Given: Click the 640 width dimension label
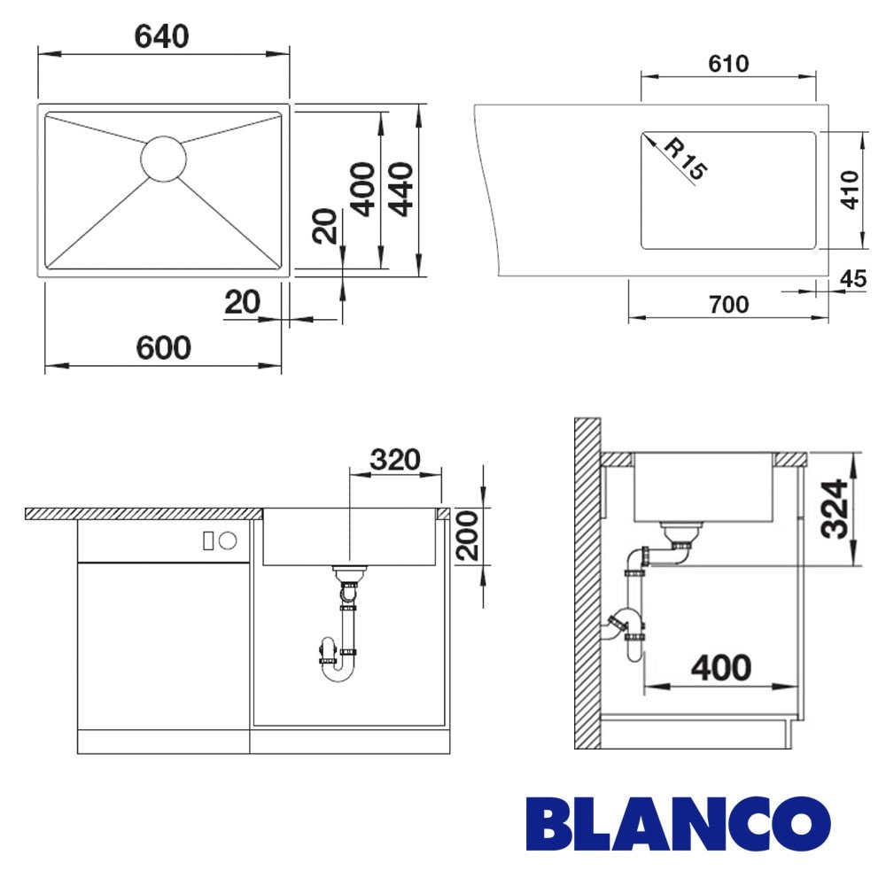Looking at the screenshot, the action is (x=161, y=36).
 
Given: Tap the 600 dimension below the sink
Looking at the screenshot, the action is (x=163, y=347).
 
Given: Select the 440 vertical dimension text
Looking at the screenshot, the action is (x=401, y=190).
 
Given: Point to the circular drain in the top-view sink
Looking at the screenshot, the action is (x=163, y=159).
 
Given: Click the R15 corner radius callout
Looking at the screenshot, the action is (x=685, y=159).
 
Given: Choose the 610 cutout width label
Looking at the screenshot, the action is (x=728, y=64).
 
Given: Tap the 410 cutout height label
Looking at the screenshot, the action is (x=850, y=190).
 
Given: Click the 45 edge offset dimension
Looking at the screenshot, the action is (x=853, y=278).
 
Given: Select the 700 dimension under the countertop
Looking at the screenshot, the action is (x=729, y=305).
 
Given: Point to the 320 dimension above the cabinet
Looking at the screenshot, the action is (x=395, y=460).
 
